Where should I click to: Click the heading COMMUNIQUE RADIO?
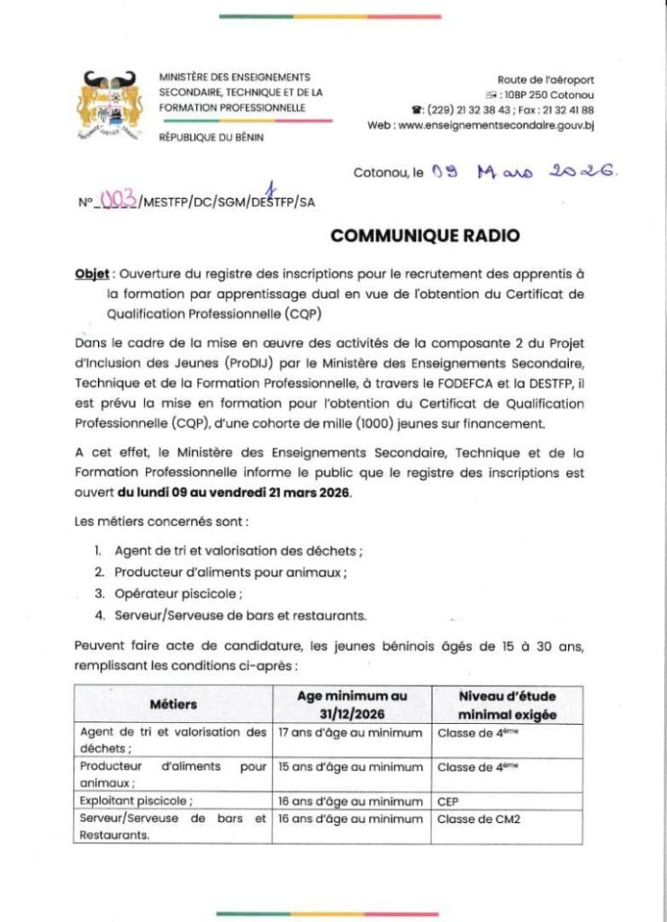click(425, 237)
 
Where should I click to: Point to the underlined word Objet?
click(92, 275)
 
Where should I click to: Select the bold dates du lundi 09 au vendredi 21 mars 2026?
click(235, 493)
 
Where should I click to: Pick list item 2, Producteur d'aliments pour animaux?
click(230, 572)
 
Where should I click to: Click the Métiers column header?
click(174, 704)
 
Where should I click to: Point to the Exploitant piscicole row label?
click(136, 800)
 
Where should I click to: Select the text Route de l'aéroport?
click(545, 80)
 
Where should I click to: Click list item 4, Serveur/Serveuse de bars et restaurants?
click(240, 615)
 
